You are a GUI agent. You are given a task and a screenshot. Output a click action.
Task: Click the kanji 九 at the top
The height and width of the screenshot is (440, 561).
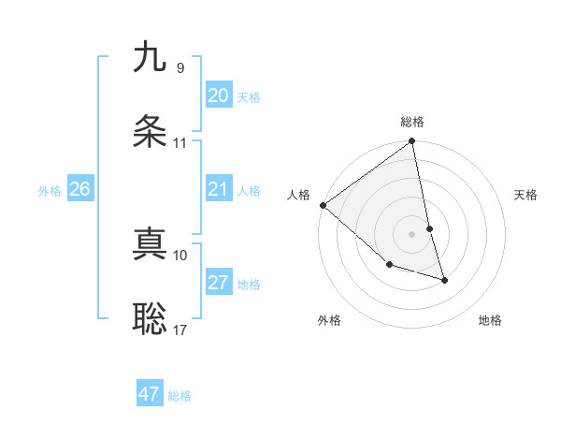click(150, 57)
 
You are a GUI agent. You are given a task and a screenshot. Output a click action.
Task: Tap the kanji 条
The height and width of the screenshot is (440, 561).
click(150, 133)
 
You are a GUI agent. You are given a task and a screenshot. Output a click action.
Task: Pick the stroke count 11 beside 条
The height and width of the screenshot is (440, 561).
click(180, 143)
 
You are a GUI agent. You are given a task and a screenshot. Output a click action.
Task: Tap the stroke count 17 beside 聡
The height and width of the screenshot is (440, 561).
click(180, 330)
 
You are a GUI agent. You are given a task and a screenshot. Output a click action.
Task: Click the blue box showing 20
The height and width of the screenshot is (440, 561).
click(218, 95)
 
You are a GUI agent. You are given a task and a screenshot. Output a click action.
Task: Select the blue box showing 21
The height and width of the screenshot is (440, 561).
click(218, 189)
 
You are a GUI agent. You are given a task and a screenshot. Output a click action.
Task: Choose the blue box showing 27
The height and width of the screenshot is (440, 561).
click(218, 283)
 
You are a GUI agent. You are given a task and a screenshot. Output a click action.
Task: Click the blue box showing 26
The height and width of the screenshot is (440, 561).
click(79, 189)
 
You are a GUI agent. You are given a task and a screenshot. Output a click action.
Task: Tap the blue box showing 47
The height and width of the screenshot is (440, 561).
click(149, 394)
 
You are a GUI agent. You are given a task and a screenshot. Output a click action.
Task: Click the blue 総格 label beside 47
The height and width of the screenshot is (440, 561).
click(180, 396)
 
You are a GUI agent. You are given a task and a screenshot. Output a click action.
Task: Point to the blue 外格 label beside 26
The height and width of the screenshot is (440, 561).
click(50, 191)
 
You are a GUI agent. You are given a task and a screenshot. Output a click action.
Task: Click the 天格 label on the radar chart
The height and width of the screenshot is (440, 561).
click(525, 195)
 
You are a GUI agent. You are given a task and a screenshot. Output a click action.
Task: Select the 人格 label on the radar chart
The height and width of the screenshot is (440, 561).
click(298, 195)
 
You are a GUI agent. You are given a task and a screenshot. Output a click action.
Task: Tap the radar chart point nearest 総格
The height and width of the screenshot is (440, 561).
click(411, 142)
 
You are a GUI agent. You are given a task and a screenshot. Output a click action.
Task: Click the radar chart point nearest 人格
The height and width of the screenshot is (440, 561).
click(323, 205)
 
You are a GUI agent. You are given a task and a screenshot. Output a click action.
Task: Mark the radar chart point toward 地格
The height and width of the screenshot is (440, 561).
click(444, 280)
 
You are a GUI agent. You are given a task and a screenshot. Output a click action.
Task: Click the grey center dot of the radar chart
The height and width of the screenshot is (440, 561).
click(411, 234)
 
